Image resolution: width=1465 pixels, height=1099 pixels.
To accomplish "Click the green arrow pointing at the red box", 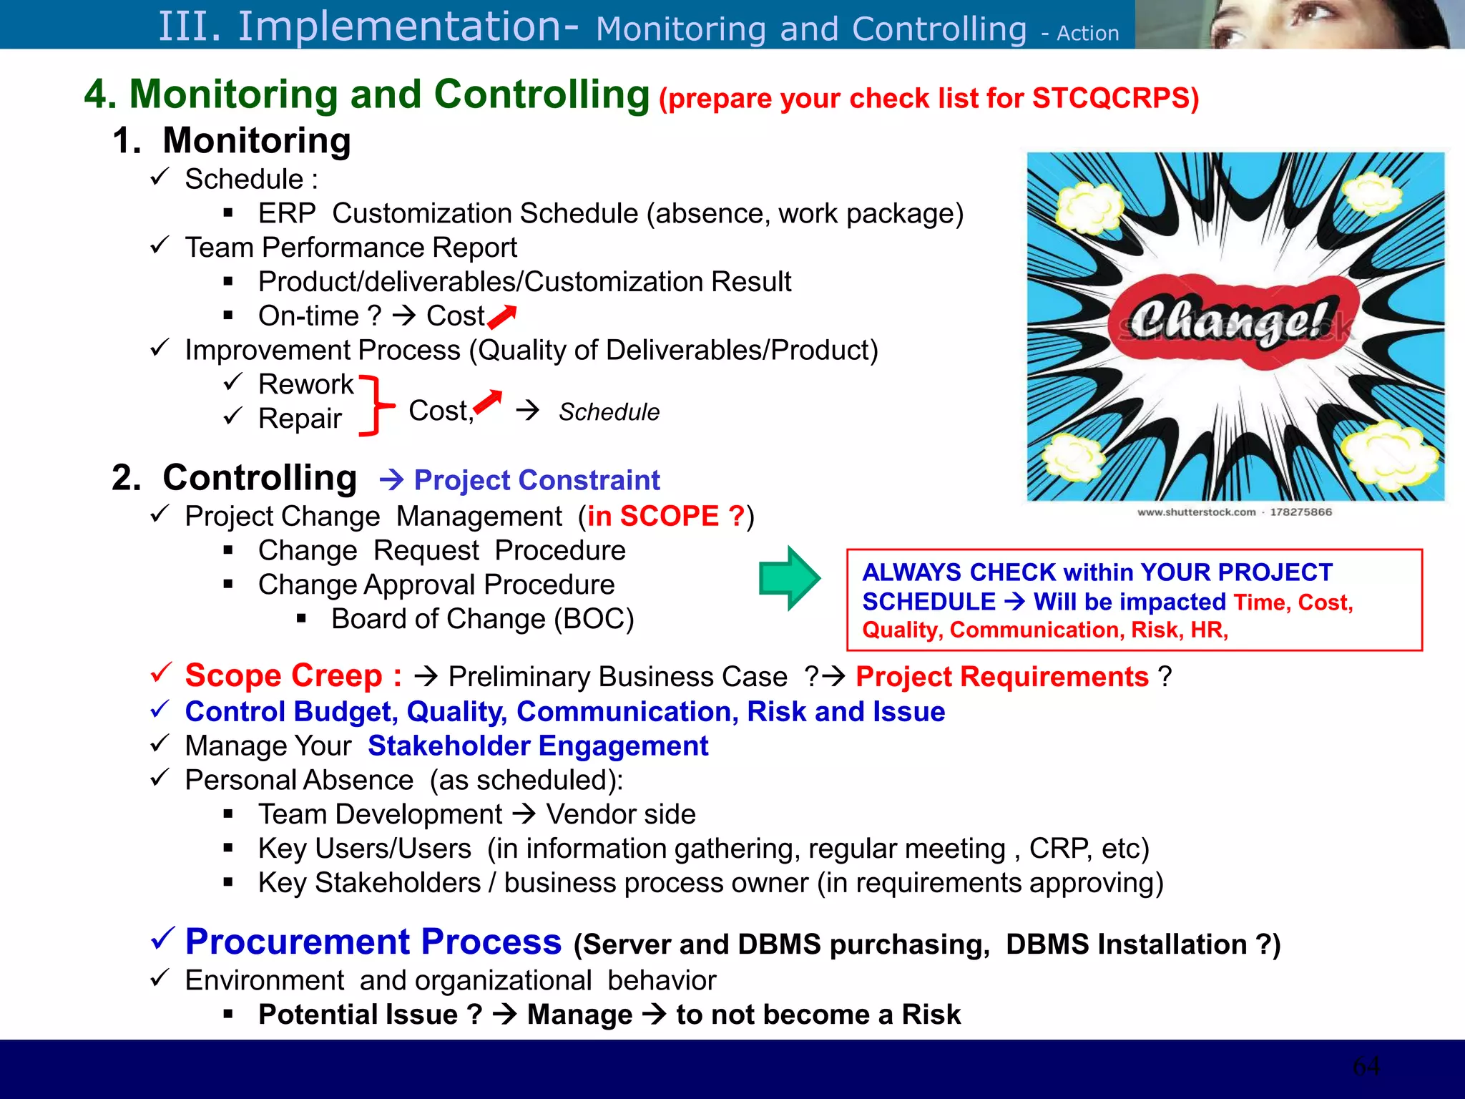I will (789, 578).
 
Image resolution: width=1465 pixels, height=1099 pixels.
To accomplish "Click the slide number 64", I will (1366, 1066).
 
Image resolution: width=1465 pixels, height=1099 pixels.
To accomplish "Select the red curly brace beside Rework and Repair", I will (376, 405).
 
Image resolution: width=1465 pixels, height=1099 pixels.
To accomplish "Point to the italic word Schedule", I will (609, 412).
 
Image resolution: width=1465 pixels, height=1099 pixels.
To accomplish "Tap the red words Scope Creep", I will (283, 675).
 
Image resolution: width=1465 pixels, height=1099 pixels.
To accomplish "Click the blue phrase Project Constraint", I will (536, 480).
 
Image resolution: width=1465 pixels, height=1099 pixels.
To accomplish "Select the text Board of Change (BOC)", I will (483, 619).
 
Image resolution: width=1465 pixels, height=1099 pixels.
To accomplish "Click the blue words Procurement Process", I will (373, 942).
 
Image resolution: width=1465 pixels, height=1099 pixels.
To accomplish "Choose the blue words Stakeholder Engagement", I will (538, 746).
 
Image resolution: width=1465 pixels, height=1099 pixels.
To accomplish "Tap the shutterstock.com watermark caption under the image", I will (1234, 512).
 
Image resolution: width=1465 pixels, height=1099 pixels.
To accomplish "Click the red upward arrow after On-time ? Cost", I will (502, 316).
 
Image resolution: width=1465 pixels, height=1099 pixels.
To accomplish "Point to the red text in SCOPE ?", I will (665, 516).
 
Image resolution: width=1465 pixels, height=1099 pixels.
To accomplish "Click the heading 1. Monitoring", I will (232, 140).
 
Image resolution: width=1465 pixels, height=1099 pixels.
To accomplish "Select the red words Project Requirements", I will (1002, 676).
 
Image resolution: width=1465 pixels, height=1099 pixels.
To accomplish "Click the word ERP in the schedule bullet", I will (287, 213).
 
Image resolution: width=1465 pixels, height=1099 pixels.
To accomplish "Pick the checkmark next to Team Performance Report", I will (160, 246).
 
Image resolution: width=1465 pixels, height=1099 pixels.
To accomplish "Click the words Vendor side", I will (621, 814).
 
